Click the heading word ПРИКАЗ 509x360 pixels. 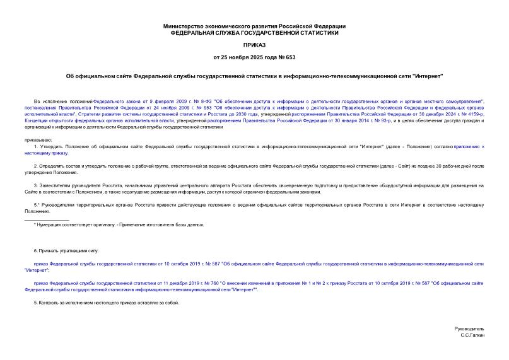(254, 45)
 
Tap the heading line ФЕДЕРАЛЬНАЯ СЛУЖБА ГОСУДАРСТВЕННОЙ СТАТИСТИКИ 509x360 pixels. (254, 32)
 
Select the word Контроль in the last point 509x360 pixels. (49, 303)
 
